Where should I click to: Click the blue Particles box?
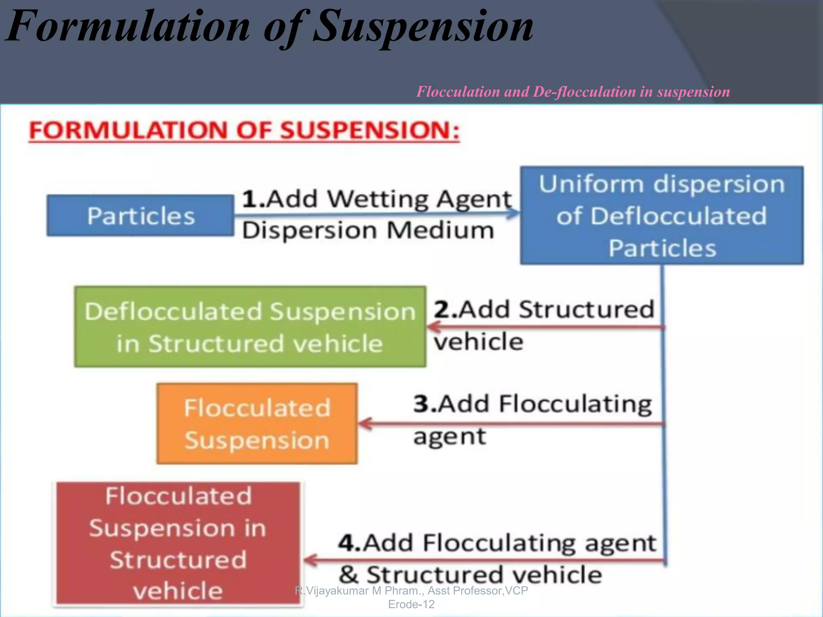coord(140,215)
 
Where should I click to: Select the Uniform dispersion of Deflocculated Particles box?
coord(661,215)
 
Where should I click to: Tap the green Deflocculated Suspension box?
coord(250,327)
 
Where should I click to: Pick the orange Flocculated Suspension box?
coord(257,423)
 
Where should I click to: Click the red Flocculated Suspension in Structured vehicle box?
coord(178,543)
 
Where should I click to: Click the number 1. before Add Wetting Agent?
coord(253,199)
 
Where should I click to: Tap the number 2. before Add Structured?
coord(445,310)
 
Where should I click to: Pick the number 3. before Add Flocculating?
coord(425,404)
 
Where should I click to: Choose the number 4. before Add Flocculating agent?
coord(350,543)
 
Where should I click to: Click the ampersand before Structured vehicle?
coord(348,575)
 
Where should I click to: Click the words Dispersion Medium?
coord(368,231)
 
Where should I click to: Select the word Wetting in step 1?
coord(379,199)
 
